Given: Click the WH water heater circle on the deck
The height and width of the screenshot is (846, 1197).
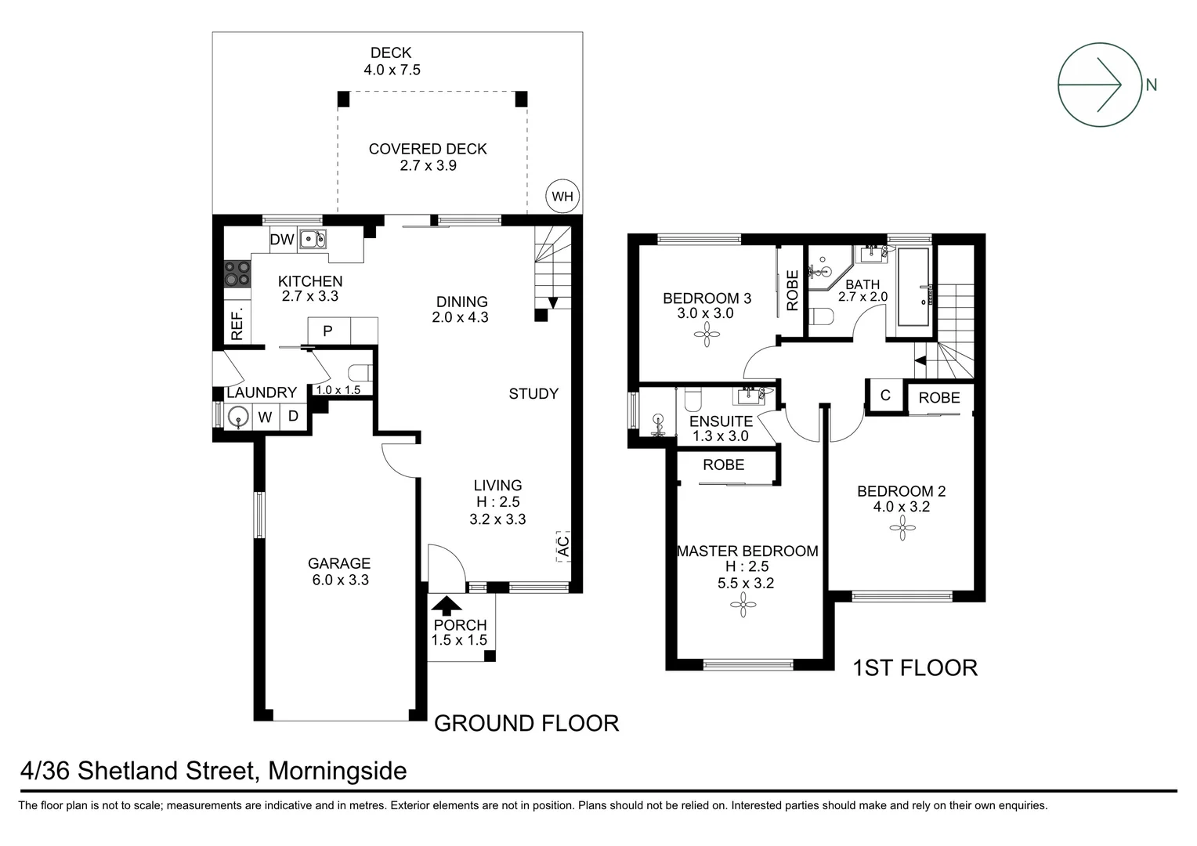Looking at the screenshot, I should click(562, 197).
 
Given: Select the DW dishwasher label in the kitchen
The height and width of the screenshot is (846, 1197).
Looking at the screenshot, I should click(282, 240).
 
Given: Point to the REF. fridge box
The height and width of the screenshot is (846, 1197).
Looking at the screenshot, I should click(237, 324).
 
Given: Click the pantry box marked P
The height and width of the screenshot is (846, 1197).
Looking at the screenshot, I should click(327, 331).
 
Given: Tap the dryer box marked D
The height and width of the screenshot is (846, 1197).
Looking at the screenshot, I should click(293, 417).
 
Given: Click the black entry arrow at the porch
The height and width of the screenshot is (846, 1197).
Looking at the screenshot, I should click(447, 604).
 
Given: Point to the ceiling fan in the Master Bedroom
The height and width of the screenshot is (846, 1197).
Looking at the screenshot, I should click(743, 603).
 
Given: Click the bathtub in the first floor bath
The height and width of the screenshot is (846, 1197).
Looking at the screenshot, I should click(913, 287).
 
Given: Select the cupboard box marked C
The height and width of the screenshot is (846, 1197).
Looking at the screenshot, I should click(885, 396).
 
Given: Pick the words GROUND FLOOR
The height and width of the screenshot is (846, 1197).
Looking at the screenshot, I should click(526, 723).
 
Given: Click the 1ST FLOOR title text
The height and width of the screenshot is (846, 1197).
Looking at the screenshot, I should click(915, 667).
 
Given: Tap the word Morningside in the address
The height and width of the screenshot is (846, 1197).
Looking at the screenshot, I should click(338, 772).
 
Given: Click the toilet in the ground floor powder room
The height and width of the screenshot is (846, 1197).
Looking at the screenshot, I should click(359, 372).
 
